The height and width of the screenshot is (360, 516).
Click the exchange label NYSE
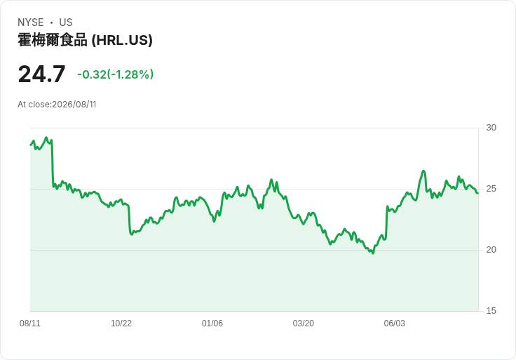pyautogui.click(x=31, y=22)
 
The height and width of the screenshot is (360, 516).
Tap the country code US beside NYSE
pyautogui.click(x=66, y=22)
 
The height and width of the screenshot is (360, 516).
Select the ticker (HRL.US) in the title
pyautogui.click(x=122, y=40)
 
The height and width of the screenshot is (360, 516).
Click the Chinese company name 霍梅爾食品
pyautogui.click(x=53, y=40)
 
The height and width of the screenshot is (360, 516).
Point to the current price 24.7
pyautogui.click(x=42, y=74)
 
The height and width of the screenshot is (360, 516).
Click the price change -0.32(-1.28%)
pyautogui.click(x=116, y=74)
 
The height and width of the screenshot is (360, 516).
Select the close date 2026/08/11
pyautogui.click(x=74, y=105)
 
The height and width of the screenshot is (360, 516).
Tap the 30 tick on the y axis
pyautogui.click(x=491, y=128)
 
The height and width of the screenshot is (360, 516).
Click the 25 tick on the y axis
pyautogui.click(x=491, y=189)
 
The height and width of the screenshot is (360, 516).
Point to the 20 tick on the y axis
pyautogui.click(x=491, y=250)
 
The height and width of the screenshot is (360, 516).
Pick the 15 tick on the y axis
pyautogui.click(x=491, y=311)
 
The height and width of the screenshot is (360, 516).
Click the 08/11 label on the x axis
pyautogui.click(x=30, y=324)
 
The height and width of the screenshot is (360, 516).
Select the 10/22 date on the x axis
pyautogui.click(x=121, y=324)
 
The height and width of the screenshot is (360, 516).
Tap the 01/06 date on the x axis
pyautogui.click(x=212, y=324)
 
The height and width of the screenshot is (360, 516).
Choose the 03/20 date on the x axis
pyautogui.click(x=304, y=324)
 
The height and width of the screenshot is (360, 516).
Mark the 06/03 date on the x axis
pyautogui.click(x=395, y=324)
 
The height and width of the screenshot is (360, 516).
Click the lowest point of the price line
pyautogui.click(x=373, y=253)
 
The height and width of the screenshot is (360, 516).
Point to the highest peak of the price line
pyautogui.click(x=46, y=138)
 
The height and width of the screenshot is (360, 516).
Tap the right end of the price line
pyautogui.click(x=477, y=193)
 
